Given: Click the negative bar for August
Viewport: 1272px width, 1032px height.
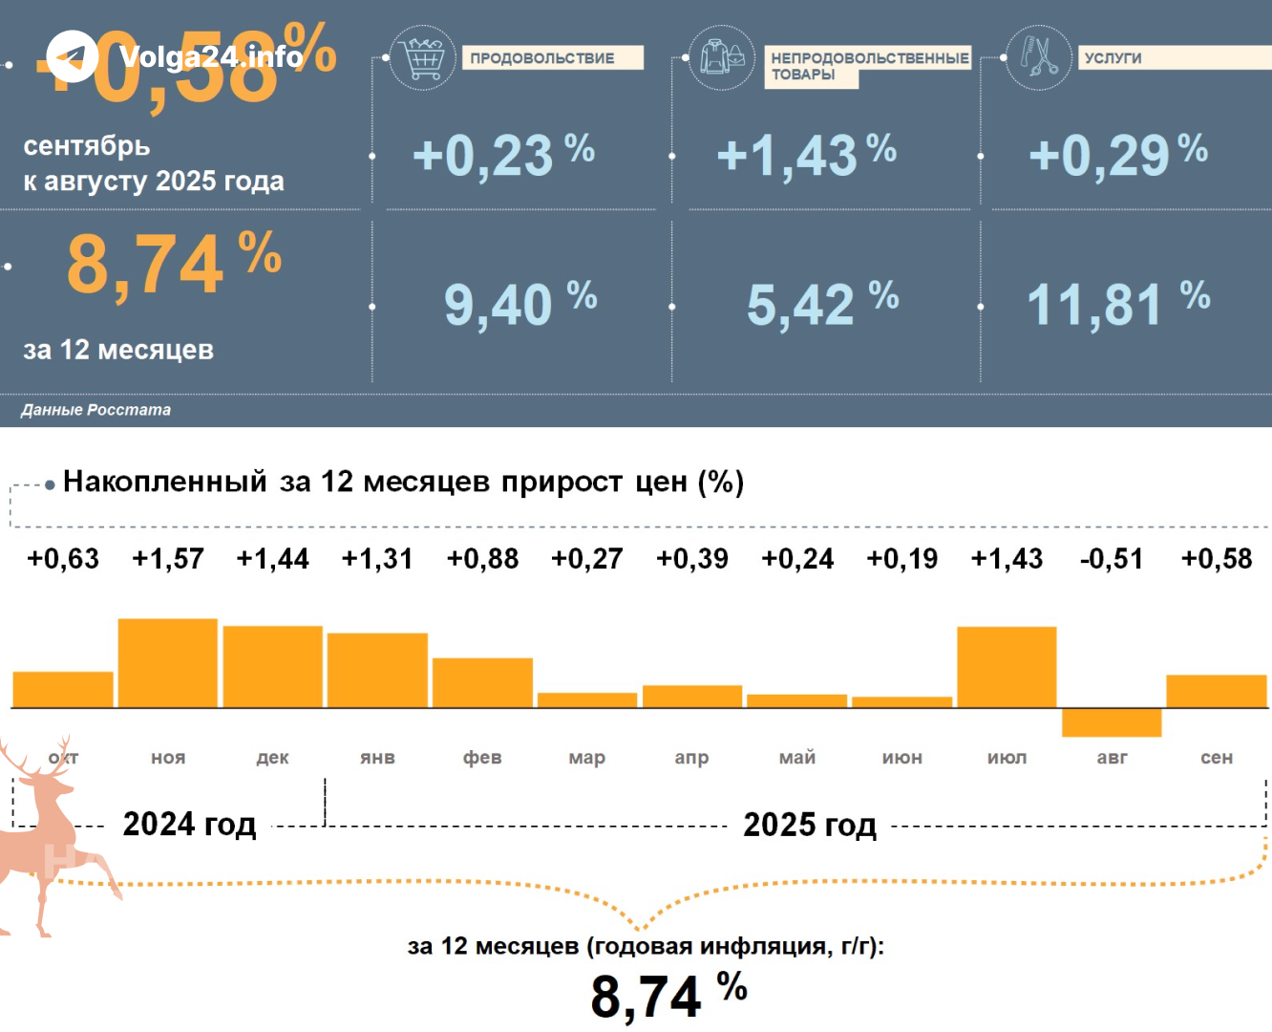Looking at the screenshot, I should point(1112,722).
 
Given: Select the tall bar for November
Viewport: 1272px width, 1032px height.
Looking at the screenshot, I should point(168,663).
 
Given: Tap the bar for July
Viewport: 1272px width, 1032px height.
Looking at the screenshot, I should point(1007,667).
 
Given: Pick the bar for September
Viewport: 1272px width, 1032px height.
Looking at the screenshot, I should point(1217,691).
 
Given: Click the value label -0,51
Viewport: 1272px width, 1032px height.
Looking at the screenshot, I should point(1112,559).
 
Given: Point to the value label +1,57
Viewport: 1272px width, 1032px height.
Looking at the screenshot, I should point(168,559).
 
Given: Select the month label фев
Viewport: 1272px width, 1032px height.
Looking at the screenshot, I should point(482,758).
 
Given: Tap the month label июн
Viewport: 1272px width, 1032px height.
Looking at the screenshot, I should point(902,758).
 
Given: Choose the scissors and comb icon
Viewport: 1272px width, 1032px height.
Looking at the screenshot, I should point(1039,57).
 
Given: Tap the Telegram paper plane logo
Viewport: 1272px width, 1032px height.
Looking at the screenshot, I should point(72,56).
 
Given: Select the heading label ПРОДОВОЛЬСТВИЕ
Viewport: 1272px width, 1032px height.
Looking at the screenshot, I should point(542,58).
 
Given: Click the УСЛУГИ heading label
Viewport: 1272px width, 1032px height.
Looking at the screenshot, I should point(1113,58).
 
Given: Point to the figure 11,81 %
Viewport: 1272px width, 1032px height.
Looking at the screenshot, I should point(1118,305).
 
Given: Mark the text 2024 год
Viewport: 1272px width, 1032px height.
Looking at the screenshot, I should point(189,824).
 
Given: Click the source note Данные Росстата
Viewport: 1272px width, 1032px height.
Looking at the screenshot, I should point(96,410).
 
